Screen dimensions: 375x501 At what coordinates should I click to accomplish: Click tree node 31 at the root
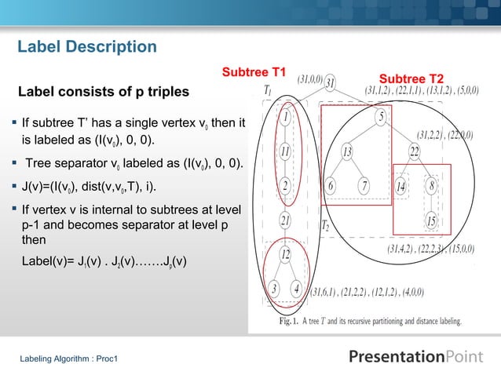coord(331,83)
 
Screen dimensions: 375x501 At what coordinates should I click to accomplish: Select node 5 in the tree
coord(380,118)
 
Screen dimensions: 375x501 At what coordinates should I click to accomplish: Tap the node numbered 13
coord(346,151)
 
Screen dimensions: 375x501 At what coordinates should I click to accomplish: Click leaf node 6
coord(331,186)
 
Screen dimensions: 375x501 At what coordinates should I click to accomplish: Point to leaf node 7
coord(364,186)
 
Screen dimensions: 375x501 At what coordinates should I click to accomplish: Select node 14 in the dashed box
coord(400,186)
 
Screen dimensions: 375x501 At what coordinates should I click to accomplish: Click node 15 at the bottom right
coord(431,220)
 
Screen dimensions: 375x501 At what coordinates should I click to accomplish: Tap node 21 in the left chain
coord(286,220)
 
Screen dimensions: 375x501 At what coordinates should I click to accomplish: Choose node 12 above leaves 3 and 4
coord(286,254)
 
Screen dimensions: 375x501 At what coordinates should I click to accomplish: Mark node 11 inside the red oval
coord(286,151)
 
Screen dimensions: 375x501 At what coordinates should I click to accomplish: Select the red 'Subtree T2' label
coord(411,79)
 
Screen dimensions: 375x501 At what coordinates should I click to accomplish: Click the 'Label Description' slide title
coord(87,48)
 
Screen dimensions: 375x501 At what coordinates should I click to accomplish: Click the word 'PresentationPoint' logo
coord(416,357)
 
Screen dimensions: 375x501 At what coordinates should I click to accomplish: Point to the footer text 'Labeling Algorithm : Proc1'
coord(68,359)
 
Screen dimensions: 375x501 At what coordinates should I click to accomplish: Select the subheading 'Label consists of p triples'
coord(104,92)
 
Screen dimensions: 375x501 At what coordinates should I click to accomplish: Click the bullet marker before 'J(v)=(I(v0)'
coord(16,187)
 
